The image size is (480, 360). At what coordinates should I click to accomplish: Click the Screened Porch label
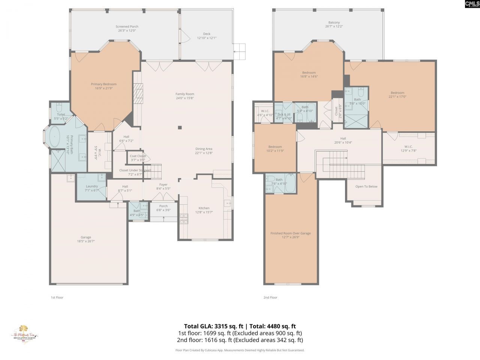pyautogui.click(x=127, y=27)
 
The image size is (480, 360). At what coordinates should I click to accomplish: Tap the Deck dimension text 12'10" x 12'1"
pyautogui.click(x=207, y=38)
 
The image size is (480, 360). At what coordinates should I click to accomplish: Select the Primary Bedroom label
pyautogui.click(x=103, y=84)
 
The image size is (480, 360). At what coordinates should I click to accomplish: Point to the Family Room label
pyautogui.click(x=184, y=94)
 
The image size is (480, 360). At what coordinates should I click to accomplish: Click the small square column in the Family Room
pyautogui.click(x=180, y=127)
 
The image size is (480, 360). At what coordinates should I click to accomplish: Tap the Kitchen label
pyautogui.click(x=204, y=208)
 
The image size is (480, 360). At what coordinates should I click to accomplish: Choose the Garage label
pyautogui.click(x=86, y=237)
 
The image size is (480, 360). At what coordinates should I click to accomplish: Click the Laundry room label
pyautogui.click(x=92, y=186)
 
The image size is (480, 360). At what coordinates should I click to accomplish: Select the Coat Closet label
pyautogui.click(x=138, y=156)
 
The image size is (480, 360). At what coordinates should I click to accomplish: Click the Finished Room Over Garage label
pyautogui.click(x=291, y=233)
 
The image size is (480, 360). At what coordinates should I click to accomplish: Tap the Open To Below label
pyautogui.click(x=366, y=186)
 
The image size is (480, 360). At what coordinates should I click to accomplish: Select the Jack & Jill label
pyautogui.click(x=284, y=114)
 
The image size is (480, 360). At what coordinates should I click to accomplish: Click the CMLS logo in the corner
pyautogui.click(x=472, y=4)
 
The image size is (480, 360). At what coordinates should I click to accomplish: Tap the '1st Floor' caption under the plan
pyautogui.click(x=57, y=297)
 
